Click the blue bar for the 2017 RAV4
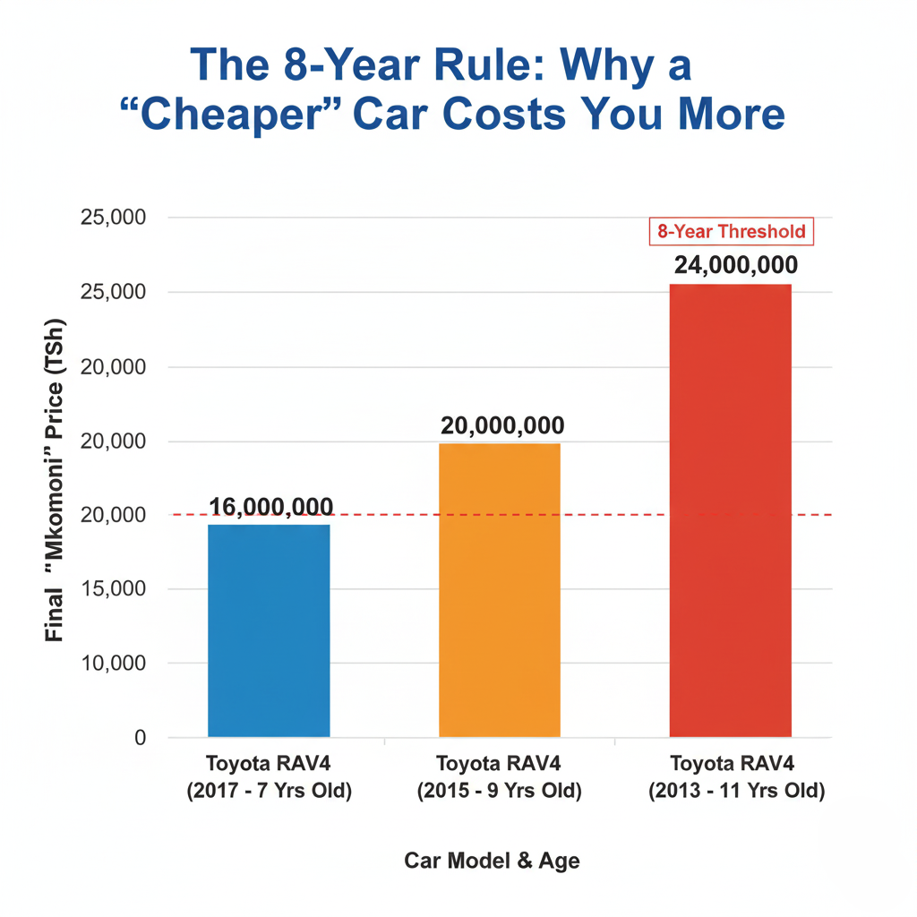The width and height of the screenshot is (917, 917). pyautogui.click(x=269, y=630)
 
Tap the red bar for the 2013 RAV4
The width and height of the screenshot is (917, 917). pyautogui.click(x=730, y=510)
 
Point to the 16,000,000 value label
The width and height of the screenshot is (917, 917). pyautogui.click(x=270, y=507)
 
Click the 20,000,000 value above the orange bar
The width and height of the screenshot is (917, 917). pyautogui.click(x=501, y=426)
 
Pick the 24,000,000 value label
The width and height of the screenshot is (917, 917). pyautogui.click(x=732, y=265)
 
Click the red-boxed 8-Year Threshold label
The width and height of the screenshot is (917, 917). pyautogui.click(x=731, y=232)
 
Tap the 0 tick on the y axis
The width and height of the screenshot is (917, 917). pyautogui.click(x=140, y=738)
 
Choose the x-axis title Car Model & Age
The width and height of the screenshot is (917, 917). pyautogui.click(x=492, y=861)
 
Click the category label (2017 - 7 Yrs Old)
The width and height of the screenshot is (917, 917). pyautogui.click(x=269, y=792)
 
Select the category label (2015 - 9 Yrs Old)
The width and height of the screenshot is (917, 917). pyautogui.click(x=500, y=792)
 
